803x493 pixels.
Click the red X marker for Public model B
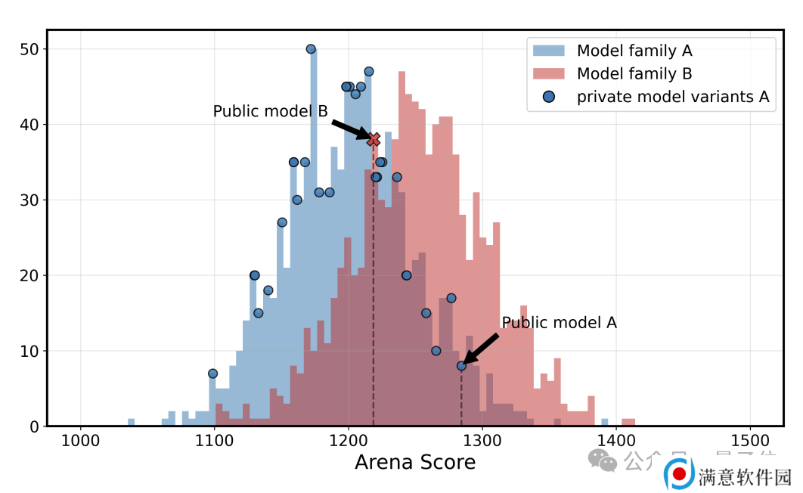point(374,139)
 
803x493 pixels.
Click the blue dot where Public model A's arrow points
point(461,366)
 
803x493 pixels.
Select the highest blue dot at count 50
point(311,49)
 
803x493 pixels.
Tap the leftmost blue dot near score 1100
point(212,374)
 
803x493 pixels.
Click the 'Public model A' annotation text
point(559,323)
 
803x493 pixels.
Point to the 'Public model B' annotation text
point(270,111)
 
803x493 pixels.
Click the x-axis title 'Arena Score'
point(415,462)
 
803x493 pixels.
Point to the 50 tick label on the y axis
point(29,49)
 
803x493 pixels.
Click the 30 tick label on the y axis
point(29,200)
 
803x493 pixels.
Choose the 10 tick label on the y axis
point(29,351)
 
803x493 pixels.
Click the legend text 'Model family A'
point(634,51)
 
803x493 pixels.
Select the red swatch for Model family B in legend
point(549,73)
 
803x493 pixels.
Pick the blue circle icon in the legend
point(549,97)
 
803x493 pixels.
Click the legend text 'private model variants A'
point(673,97)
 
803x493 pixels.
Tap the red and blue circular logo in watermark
point(680,474)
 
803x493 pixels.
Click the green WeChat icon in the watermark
point(603,459)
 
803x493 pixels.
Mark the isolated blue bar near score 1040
point(131,422)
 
